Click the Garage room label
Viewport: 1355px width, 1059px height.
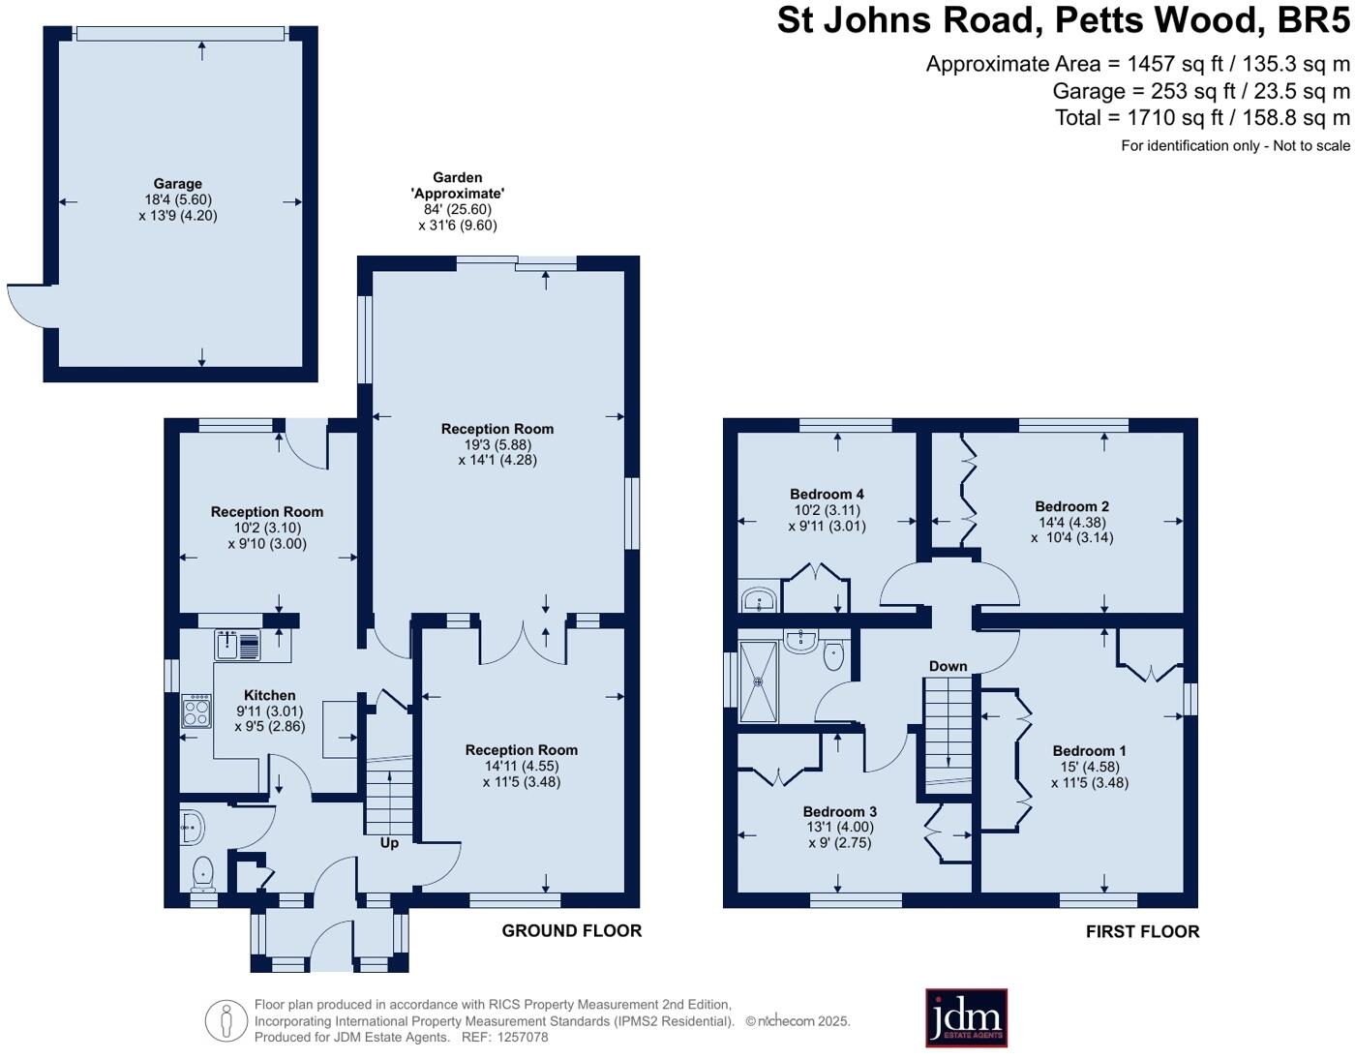(x=178, y=183)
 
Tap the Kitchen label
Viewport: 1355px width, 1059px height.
(x=269, y=695)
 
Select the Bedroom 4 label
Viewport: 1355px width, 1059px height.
(x=827, y=494)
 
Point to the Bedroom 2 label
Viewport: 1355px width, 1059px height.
(x=1072, y=506)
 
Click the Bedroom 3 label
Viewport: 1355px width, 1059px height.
(x=840, y=811)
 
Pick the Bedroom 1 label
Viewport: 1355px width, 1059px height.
(x=1090, y=751)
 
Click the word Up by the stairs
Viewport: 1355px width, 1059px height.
(x=389, y=843)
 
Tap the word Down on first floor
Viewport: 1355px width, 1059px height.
(x=948, y=666)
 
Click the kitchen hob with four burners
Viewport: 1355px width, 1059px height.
(x=196, y=711)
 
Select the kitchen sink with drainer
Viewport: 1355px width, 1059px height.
(x=237, y=645)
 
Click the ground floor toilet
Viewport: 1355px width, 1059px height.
(x=203, y=874)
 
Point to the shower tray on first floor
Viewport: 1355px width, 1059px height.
(x=758, y=681)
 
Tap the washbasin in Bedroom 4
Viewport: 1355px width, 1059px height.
(x=759, y=600)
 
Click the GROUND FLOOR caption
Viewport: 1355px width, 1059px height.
(x=572, y=931)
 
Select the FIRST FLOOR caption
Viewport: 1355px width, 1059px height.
(x=1142, y=932)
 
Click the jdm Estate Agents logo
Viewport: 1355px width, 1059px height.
(x=966, y=1017)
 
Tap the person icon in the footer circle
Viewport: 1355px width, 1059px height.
(x=226, y=1021)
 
